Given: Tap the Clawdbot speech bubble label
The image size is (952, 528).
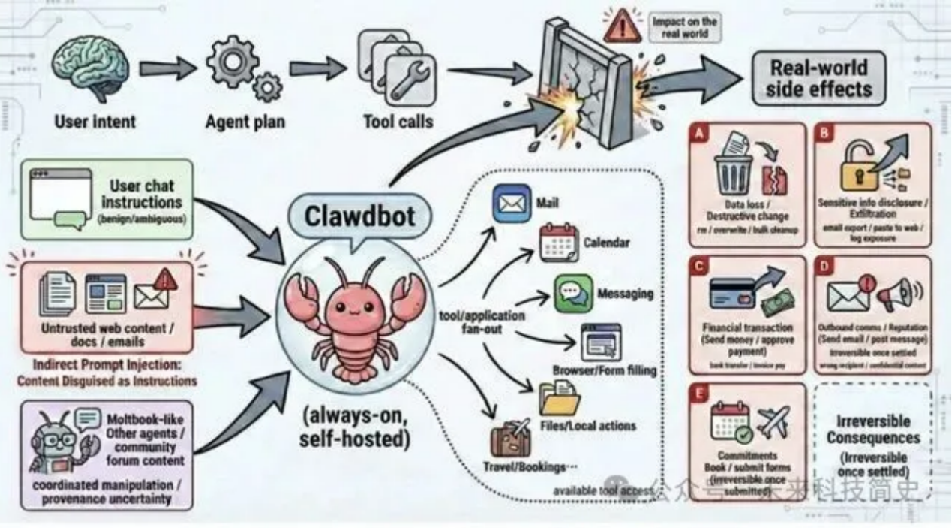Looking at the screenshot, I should [x=359, y=216].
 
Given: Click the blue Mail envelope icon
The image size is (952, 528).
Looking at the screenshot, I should [x=512, y=204].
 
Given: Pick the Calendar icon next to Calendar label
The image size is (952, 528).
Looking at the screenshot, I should [x=559, y=242].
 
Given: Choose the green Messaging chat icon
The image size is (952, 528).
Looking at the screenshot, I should [x=573, y=294].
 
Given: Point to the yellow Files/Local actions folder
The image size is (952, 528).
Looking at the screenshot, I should [x=557, y=400].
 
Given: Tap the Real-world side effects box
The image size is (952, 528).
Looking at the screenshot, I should [x=818, y=78].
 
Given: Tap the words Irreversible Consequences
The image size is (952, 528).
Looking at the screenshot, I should [x=872, y=430].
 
